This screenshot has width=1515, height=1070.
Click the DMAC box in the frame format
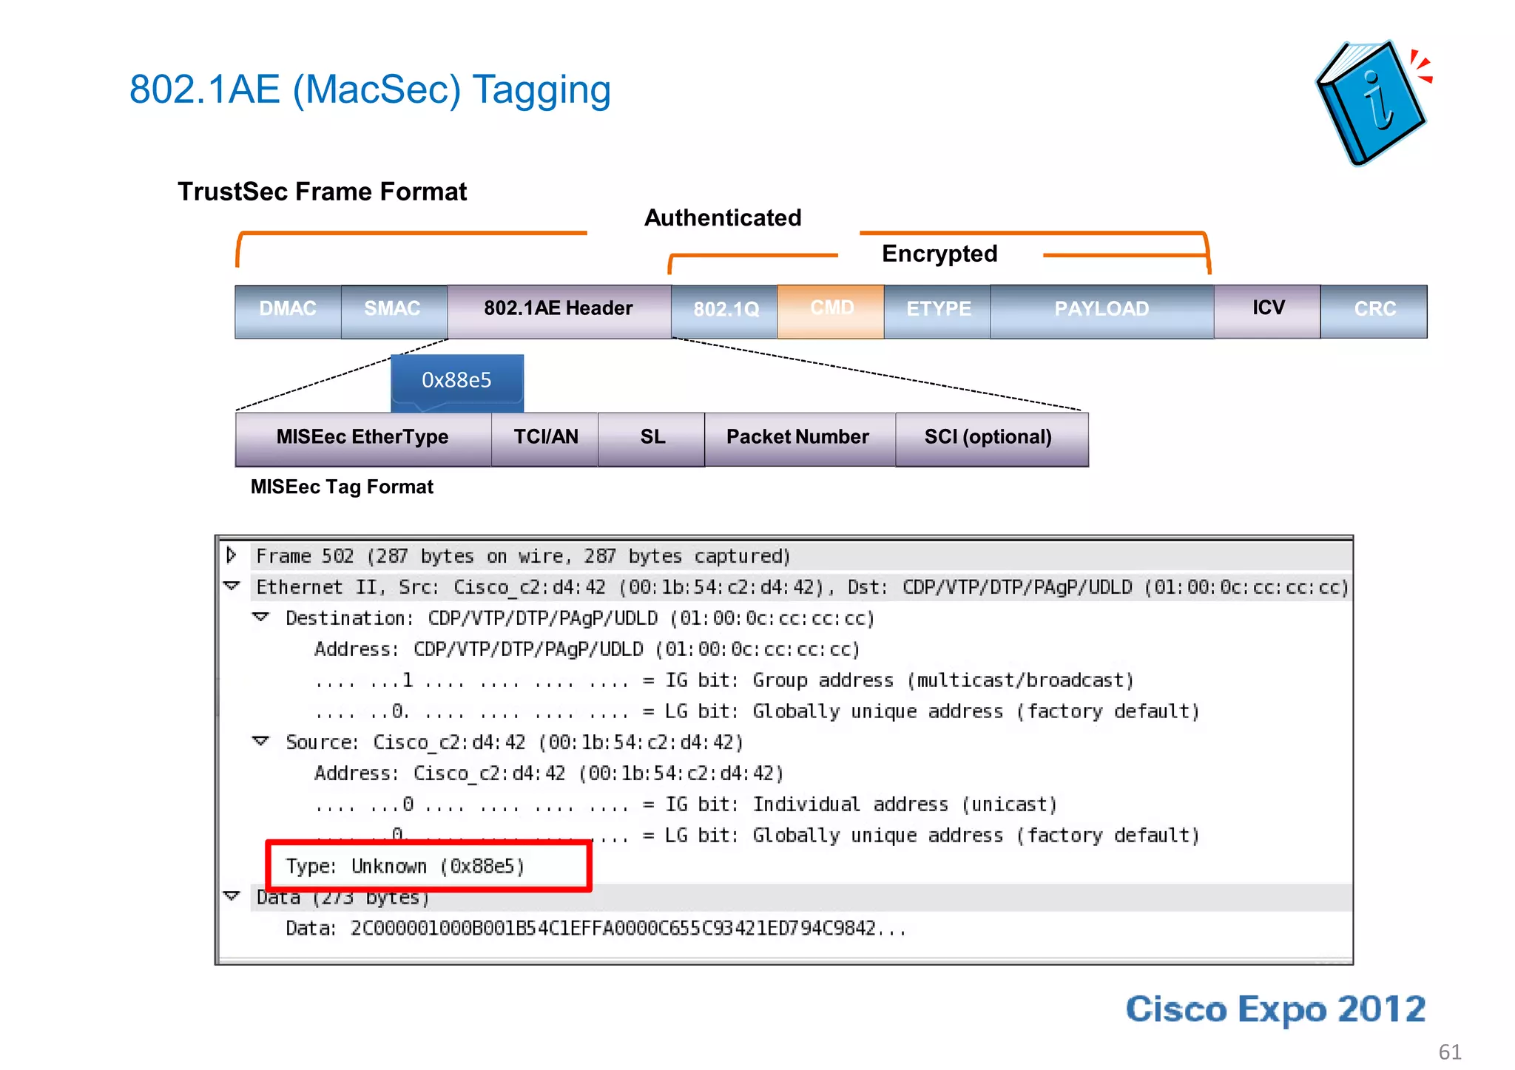coord(288,309)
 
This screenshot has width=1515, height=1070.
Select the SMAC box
coord(393,309)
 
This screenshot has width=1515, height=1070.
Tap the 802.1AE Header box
coord(559,309)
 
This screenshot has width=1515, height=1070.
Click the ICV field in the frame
coord(1268,309)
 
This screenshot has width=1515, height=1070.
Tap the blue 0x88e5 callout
coord(457,381)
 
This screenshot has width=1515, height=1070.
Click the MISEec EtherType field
coord(362,439)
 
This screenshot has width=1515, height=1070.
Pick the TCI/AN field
coord(545,439)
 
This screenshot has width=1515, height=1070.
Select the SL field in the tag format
coord(652,439)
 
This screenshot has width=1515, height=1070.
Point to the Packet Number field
coord(797,439)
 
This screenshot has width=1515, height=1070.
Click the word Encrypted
coord(939,254)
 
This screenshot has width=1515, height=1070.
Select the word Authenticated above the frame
coord(723,218)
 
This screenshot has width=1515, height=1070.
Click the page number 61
coord(1450,1052)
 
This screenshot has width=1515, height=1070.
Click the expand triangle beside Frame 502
coord(232,555)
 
